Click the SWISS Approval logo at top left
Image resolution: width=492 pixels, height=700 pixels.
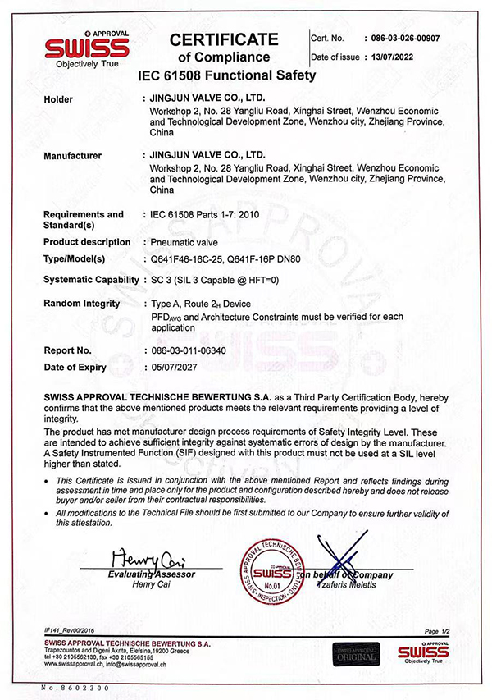tap(86, 48)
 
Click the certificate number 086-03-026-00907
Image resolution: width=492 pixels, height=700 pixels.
tap(405, 38)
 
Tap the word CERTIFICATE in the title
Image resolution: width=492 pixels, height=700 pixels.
tap(223, 39)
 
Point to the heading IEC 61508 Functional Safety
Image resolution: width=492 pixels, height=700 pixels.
tap(229, 75)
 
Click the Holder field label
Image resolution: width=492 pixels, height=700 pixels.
tap(57, 99)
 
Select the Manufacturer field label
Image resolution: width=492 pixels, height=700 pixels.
tap(72, 154)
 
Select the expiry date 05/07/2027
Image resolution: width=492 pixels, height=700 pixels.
tap(178, 368)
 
